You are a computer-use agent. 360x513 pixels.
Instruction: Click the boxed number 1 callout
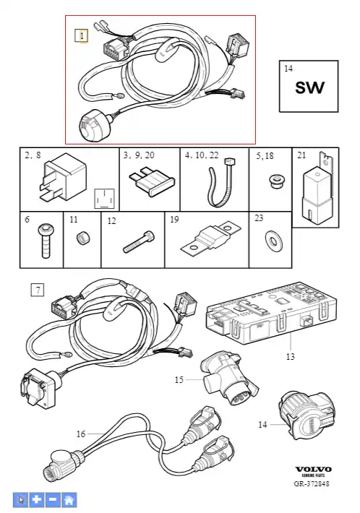(x=82, y=35)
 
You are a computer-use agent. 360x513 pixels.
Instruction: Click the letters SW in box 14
(x=309, y=87)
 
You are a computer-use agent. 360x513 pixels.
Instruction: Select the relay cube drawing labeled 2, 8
(x=63, y=177)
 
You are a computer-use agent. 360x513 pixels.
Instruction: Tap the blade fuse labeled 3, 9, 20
(x=153, y=181)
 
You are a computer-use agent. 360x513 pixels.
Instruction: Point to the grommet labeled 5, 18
(x=275, y=181)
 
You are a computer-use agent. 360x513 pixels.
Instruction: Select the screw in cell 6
(x=46, y=240)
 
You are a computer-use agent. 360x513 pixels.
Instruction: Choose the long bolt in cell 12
(x=139, y=242)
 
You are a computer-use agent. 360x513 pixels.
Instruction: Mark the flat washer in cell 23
(x=273, y=241)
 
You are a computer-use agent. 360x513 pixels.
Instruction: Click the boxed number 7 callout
(x=38, y=290)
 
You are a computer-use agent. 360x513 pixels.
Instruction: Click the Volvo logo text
(x=313, y=470)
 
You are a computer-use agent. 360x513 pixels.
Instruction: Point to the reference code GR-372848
(x=312, y=483)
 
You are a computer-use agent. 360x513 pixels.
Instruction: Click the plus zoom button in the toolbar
(x=37, y=499)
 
